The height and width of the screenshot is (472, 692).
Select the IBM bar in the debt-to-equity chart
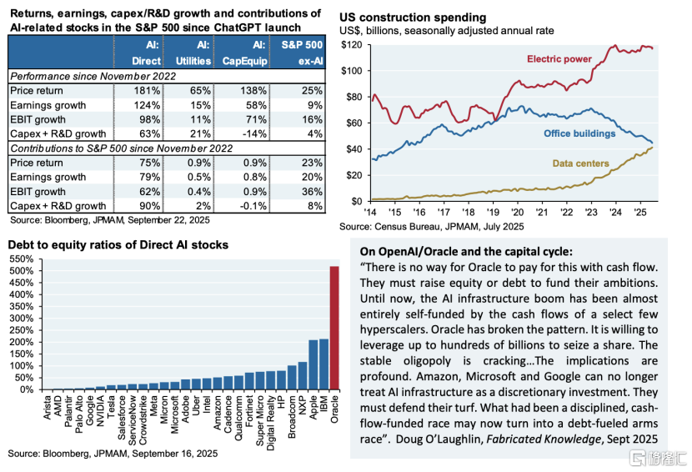tap(324, 364)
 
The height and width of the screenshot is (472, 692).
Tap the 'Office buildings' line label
tap(579, 133)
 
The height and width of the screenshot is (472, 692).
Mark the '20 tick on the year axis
tap(518, 212)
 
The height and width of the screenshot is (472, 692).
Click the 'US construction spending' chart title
tap(407, 17)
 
